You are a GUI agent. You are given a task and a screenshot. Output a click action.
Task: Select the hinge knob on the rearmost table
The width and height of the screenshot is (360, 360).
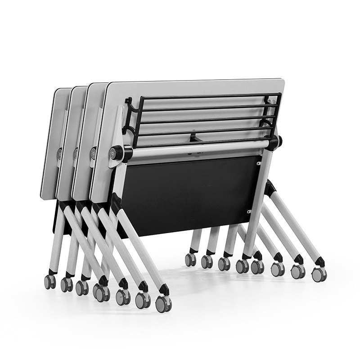[59, 153]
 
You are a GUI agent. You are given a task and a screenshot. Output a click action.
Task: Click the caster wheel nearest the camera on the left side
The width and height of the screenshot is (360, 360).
[163, 304]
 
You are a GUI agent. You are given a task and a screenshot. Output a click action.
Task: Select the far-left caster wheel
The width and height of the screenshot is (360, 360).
[49, 282]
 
